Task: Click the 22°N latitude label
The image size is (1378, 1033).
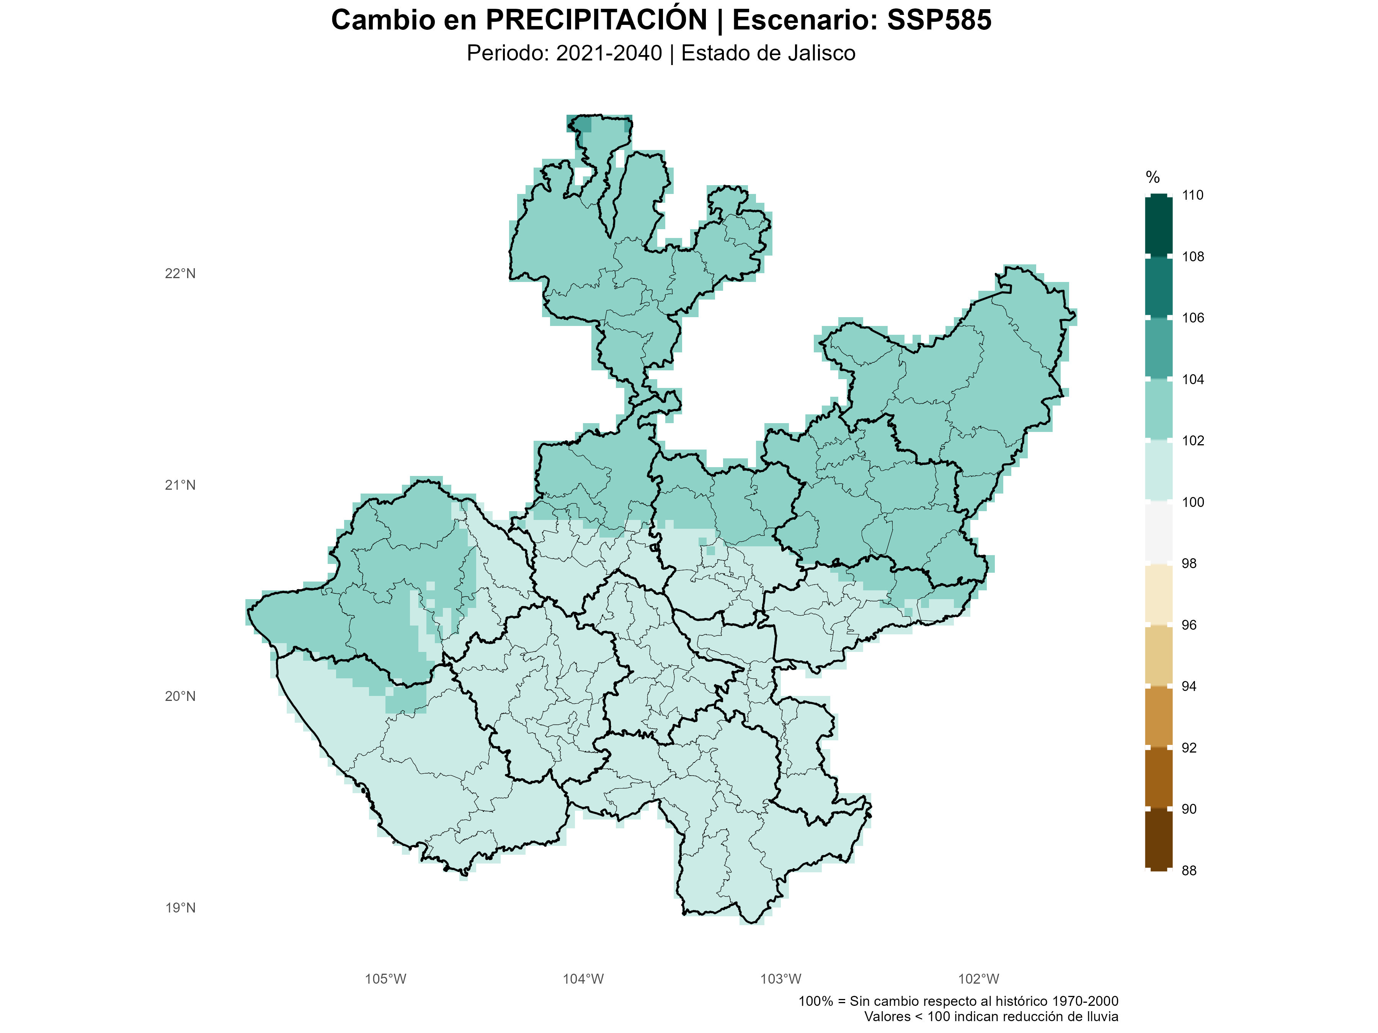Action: [180, 273]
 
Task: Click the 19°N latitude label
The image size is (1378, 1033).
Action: [180, 908]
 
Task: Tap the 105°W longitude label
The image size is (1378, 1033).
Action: [385, 979]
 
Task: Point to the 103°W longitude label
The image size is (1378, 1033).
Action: [780, 979]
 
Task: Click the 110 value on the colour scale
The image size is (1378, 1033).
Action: [1192, 195]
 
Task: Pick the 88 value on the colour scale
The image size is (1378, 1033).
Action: [1189, 870]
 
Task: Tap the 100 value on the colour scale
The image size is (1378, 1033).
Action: [1192, 502]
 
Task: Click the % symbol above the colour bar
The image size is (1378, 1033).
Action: [1153, 178]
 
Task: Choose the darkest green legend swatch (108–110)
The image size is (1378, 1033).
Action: [1158, 225]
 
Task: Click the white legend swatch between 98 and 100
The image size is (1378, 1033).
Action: [1158, 533]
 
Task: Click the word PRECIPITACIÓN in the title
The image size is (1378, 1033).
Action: [596, 20]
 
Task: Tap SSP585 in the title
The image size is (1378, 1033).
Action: [939, 20]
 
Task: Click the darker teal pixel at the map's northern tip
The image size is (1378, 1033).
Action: [581, 124]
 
